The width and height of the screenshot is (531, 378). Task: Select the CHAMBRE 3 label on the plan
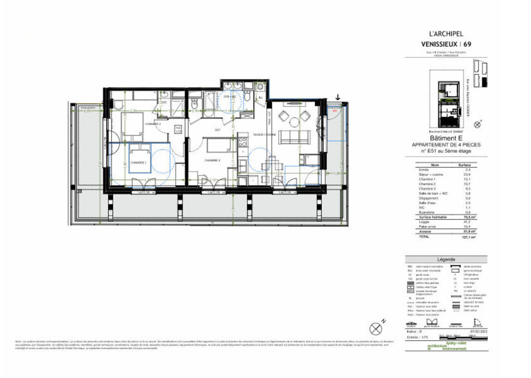click(x=212, y=159)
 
